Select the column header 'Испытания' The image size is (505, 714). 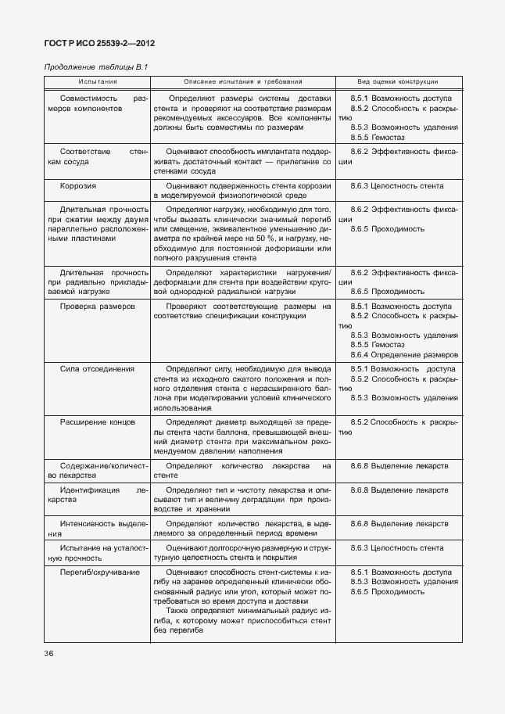tap(98, 82)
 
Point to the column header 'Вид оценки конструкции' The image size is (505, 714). tap(398, 82)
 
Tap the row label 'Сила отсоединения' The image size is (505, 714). tap(97, 368)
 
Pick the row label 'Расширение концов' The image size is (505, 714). tap(98, 422)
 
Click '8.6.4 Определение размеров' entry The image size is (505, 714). tap(404, 354)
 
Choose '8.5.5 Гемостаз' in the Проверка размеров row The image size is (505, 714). tap(382, 345)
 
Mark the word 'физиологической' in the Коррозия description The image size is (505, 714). tap(246, 196)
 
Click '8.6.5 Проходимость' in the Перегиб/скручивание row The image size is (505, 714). tap(387, 592)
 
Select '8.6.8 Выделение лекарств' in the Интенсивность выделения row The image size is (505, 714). tap(399, 523)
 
